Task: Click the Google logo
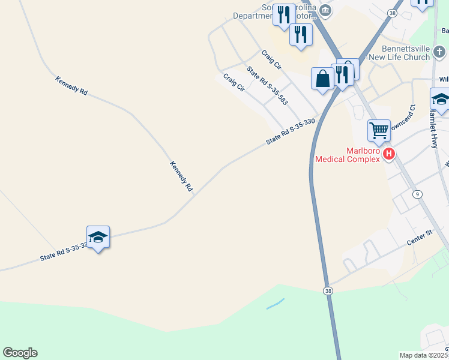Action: pyautogui.click(x=20, y=353)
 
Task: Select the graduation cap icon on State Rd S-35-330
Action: pyautogui.click(x=98, y=238)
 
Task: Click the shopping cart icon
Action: pyautogui.click(x=379, y=130)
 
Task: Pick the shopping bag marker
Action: pyautogui.click(x=322, y=78)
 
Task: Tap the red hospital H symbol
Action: pyautogui.click(x=389, y=154)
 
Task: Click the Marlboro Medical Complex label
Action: pyautogui.click(x=348, y=155)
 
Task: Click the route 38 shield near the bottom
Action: pyautogui.click(x=328, y=290)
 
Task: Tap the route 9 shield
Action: pyautogui.click(x=417, y=194)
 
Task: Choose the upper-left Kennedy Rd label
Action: pyautogui.click(x=71, y=85)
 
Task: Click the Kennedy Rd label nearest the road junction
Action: pyautogui.click(x=181, y=176)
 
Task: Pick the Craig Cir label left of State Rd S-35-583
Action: pyautogui.click(x=234, y=82)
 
